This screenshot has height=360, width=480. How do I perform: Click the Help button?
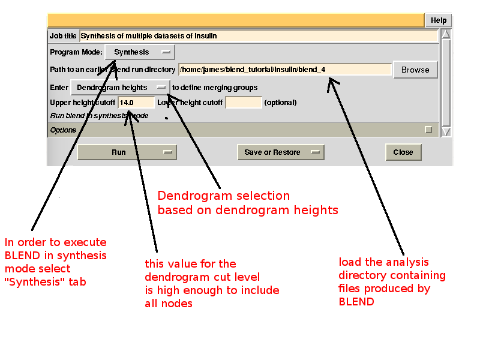click(x=439, y=20)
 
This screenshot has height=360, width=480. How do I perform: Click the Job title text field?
click(x=259, y=36)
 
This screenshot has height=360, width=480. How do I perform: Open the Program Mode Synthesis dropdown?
click(x=140, y=52)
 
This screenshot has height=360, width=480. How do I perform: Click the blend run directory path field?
click(x=285, y=70)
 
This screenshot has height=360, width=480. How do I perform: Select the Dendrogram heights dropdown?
click(x=120, y=88)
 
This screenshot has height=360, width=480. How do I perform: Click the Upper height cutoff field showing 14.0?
click(x=136, y=103)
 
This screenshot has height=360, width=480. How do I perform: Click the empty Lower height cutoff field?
click(x=244, y=103)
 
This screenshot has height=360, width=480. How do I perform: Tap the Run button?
click(x=127, y=152)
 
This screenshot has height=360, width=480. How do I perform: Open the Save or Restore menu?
click(x=280, y=152)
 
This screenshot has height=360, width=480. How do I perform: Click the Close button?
click(x=403, y=152)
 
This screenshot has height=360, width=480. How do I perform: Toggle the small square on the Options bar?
click(x=428, y=130)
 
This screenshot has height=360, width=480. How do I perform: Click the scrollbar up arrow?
click(x=446, y=35)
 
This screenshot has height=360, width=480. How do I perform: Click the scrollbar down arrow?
click(x=446, y=131)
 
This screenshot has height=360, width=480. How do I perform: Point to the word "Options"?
click(x=63, y=130)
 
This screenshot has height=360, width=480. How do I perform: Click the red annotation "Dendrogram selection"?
click(x=223, y=196)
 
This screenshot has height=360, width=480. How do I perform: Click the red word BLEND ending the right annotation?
click(x=356, y=301)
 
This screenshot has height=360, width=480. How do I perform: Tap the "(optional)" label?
click(x=280, y=103)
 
